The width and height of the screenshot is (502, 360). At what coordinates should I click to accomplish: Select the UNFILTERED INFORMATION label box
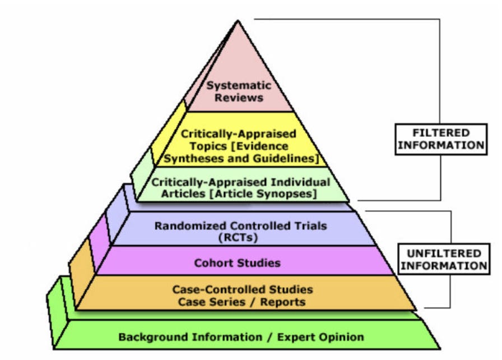click(x=444, y=259)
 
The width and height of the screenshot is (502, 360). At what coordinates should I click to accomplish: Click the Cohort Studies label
click(x=238, y=262)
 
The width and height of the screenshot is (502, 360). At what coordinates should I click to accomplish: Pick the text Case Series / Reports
click(x=242, y=302)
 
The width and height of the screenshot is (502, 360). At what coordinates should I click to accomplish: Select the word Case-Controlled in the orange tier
click(x=211, y=290)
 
